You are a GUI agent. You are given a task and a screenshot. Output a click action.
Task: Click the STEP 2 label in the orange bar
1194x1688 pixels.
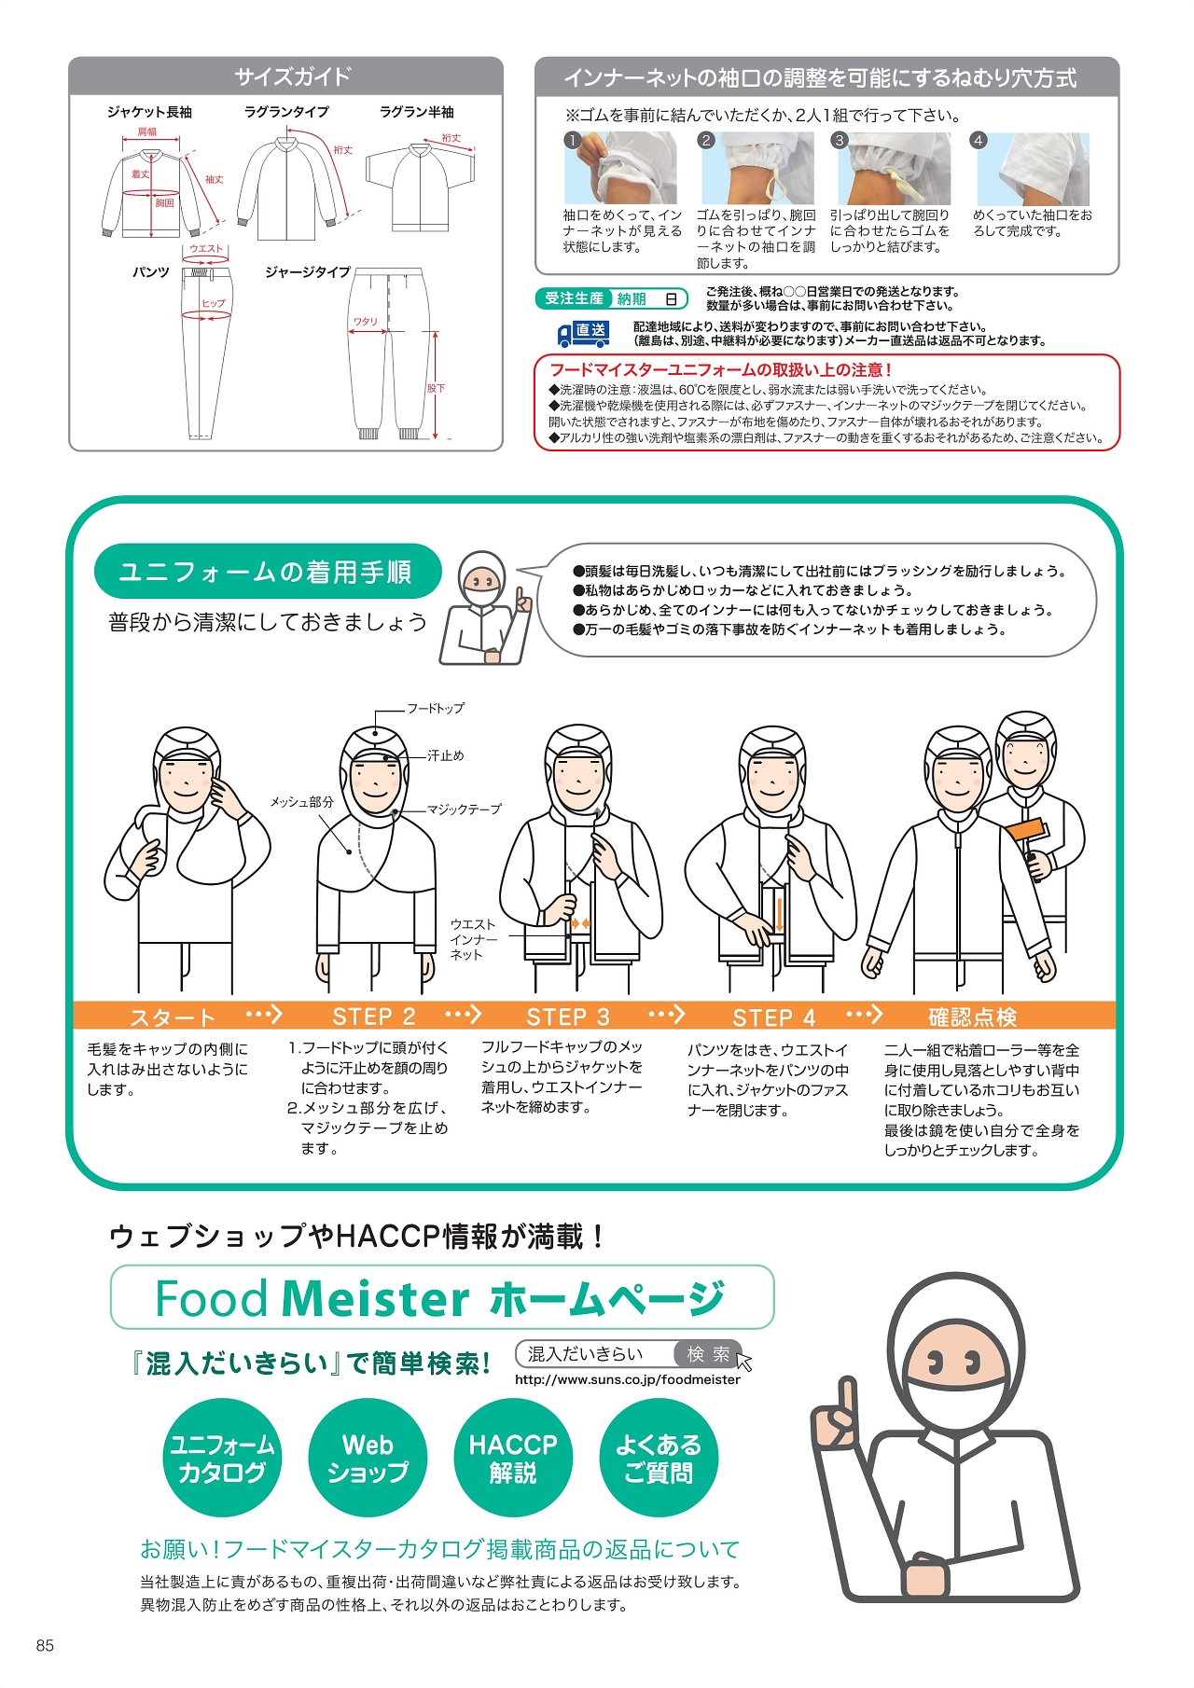point(374,1017)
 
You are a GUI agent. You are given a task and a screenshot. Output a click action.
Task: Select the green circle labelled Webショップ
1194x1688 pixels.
point(368,1458)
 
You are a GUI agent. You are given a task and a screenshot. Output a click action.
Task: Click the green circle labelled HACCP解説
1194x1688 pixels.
point(513,1458)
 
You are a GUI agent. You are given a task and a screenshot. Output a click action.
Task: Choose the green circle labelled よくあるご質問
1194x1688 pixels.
point(659,1458)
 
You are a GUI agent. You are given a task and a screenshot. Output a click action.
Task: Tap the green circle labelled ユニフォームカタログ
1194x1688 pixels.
point(222,1458)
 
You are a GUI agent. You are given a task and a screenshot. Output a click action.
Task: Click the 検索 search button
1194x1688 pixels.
point(709,1354)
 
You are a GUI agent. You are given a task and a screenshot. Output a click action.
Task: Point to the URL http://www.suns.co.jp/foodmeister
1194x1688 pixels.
point(628,1379)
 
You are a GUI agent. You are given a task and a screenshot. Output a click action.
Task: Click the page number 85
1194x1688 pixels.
point(45,1646)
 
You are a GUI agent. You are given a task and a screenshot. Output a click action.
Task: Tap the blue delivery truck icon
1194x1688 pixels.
point(583,334)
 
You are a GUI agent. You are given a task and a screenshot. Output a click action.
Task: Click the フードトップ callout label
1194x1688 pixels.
point(436,708)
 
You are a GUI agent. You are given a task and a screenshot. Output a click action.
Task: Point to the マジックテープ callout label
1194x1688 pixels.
point(465,809)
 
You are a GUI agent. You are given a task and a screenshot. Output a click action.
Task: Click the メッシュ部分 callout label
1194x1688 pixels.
point(301,802)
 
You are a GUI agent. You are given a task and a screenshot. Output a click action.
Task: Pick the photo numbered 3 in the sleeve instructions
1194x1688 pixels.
point(893,168)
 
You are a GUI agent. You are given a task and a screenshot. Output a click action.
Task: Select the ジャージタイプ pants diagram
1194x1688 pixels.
point(390,354)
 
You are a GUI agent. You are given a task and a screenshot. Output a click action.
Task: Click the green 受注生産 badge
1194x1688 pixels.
point(574,298)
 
